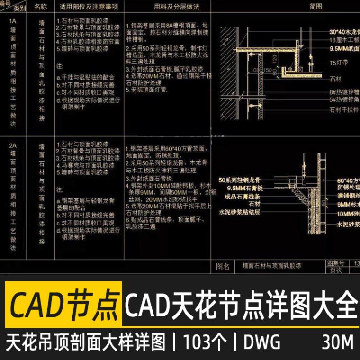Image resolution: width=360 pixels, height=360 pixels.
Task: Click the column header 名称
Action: tap(41, 7)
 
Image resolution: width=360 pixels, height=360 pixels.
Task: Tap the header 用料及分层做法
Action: tap(170, 7)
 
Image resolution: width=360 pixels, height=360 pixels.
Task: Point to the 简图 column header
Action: tap(315, 7)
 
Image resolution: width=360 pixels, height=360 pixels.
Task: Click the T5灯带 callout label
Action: tap(339, 62)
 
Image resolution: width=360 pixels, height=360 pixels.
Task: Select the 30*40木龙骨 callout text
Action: tap(344, 32)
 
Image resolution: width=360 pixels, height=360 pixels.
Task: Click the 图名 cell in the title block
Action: tap(223, 267)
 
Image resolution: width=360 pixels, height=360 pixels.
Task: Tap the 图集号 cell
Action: tap(335, 262)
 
